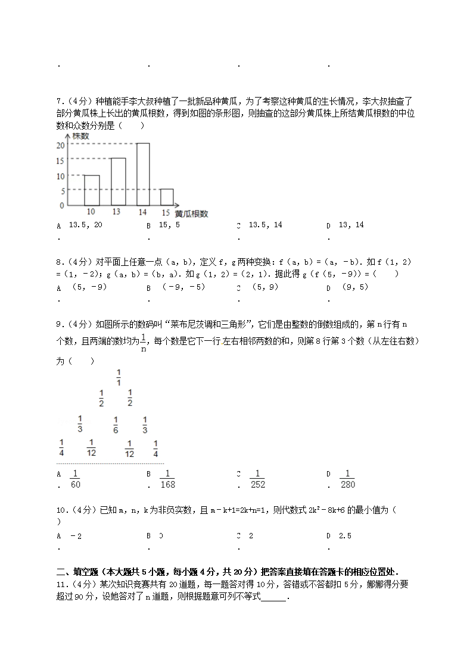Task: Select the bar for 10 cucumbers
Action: pos(91,190)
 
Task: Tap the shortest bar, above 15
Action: pos(167,197)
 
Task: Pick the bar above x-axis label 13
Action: pos(117,181)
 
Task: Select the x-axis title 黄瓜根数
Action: pos(191,214)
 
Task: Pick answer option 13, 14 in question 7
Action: pos(351,225)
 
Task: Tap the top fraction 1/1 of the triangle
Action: pos(119,378)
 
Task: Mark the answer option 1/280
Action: pos(348,479)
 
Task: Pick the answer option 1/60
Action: pos(75,479)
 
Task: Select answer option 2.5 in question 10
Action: pos(345,536)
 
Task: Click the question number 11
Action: pos(61,585)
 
